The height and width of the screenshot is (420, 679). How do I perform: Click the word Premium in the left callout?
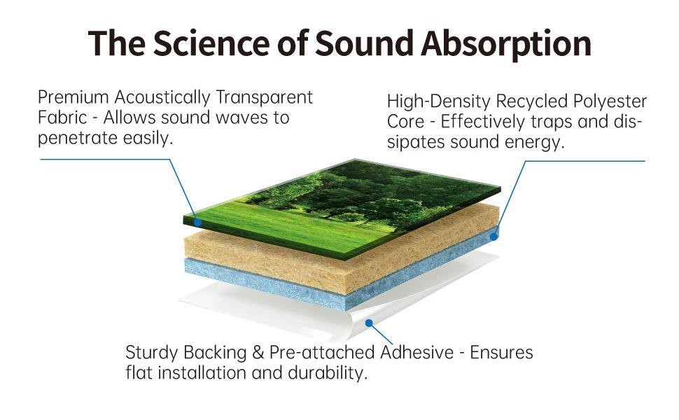[x=73, y=97]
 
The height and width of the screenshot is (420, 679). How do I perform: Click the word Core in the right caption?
[x=405, y=122]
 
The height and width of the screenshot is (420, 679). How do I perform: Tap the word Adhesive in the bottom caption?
[x=417, y=352]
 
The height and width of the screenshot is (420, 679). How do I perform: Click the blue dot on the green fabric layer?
[x=198, y=223]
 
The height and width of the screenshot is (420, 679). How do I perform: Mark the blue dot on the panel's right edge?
[x=493, y=237]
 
